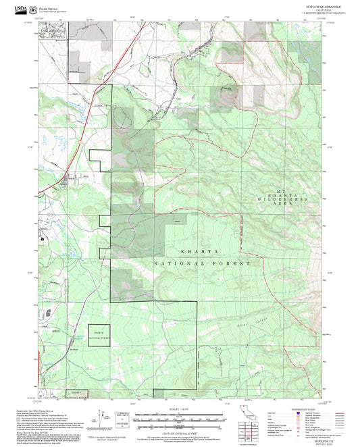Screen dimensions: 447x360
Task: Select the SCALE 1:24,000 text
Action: coord(178,408)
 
